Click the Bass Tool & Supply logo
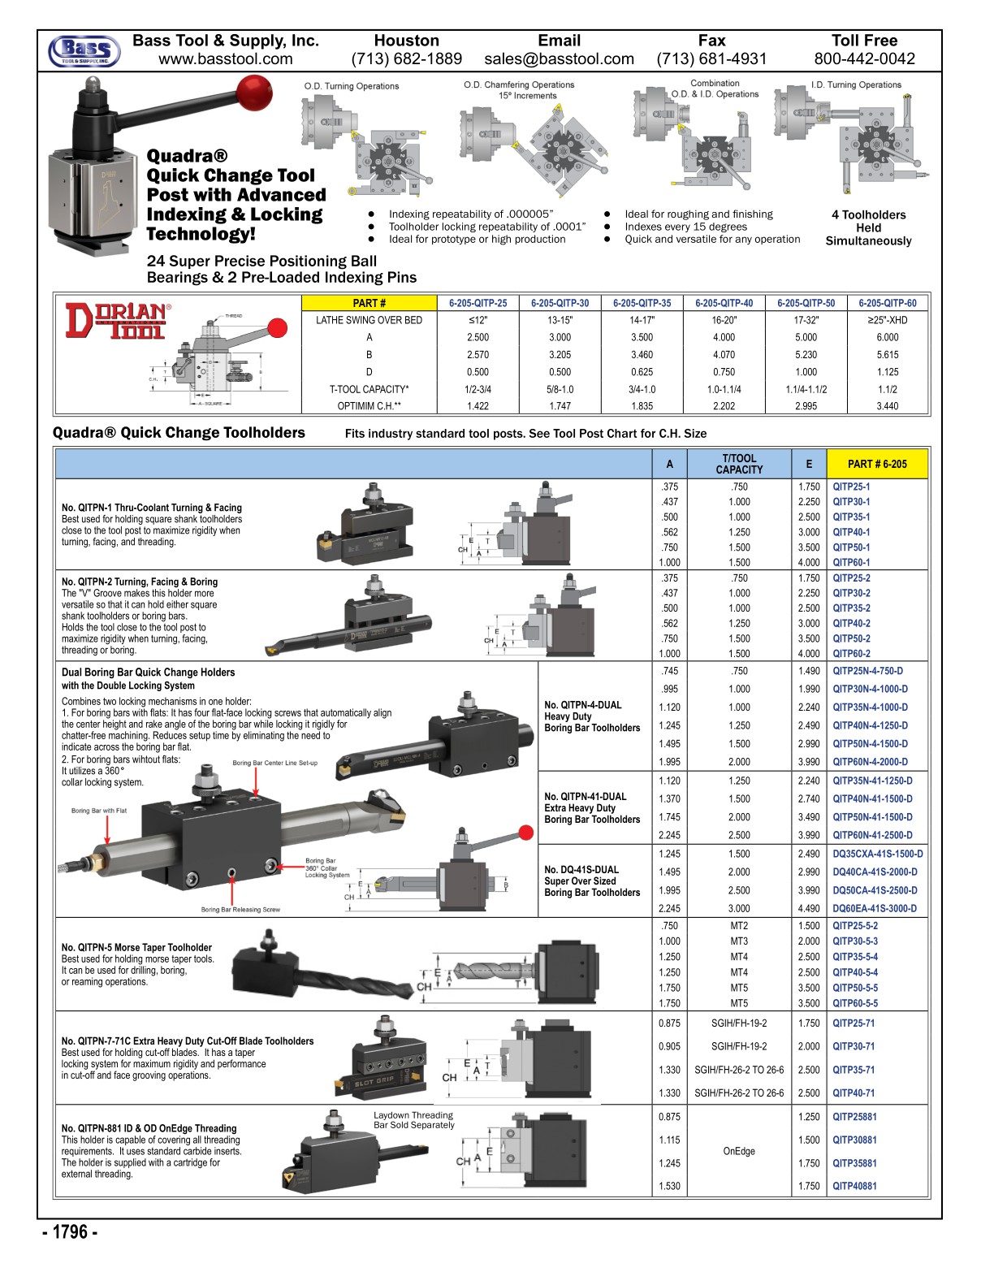click(x=84, y=50)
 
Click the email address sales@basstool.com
click(x=559, y=58)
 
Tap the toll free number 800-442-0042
click(x=864, y=58)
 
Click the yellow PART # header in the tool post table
click(x=369, y=303)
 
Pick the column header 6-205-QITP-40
click(x=724, y=303)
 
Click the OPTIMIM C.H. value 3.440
click(x=887, y=406)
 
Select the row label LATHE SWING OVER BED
click(x=369, y=320)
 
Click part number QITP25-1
click(x=851, y=487)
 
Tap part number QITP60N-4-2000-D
click(x=870, y=762)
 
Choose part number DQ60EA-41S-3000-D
click(x=875, y=909)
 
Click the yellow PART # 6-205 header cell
click(x=877, y=464)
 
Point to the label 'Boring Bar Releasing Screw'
click(x=240, y=910)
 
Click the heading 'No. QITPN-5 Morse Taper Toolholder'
click(x=136, y=947)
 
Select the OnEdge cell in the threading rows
click(x=739, y=1151)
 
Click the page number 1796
click(x=71, y=1232)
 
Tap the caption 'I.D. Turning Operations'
click(x=856, y=84)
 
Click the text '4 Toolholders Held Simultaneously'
click(x=868, y=227)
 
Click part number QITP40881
click(x=854, y=1186)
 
